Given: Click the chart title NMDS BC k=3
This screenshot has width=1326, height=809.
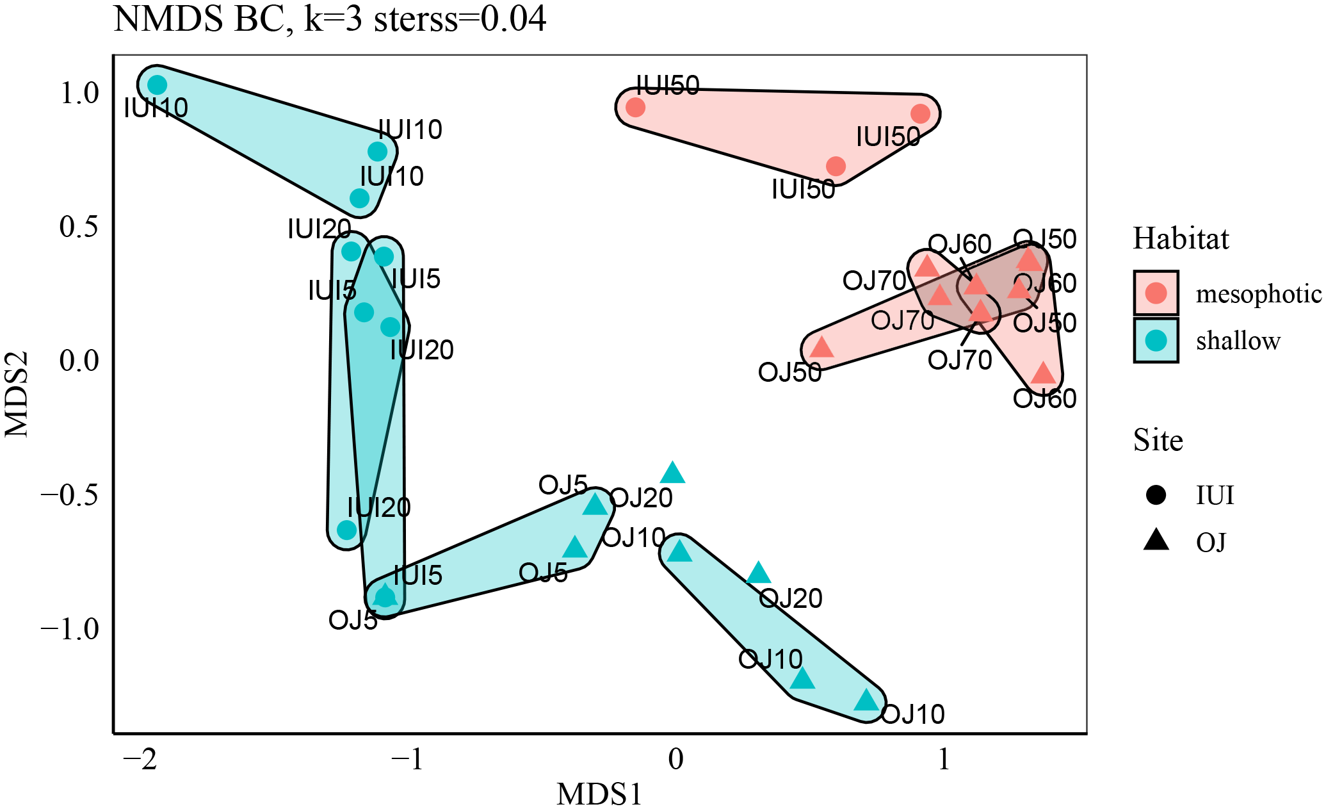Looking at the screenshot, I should click(330, 19).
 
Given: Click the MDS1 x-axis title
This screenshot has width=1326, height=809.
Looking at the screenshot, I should click(599, 794).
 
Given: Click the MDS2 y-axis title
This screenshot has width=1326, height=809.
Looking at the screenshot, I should click(17, 394).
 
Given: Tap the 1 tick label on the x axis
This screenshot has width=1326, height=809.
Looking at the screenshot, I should click(943, 760).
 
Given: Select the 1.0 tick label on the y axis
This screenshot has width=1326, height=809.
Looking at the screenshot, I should click(79, 94).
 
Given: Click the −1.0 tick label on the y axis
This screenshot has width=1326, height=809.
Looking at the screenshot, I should click(70, 629).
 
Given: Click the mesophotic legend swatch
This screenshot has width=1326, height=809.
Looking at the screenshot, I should click(1156, 293).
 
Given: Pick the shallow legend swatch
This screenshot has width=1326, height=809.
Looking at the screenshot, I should click(1156, 340).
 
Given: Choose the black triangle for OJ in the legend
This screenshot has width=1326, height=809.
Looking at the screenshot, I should click(1156, 541).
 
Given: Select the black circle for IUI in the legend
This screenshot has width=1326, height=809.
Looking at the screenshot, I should click(1156, 494).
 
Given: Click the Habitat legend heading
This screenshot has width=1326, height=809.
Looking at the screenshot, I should click(1181, 239).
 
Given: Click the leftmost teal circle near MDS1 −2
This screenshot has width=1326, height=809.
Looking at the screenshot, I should click(157, 85).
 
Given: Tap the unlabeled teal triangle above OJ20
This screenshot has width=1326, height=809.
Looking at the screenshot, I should click(672, 473).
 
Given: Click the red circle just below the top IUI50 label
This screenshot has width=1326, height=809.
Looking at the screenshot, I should click(635, 107).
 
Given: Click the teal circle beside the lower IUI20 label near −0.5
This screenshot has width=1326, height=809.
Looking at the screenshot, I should click(346, 530).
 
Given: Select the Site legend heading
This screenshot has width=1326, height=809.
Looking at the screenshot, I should click(1158, 441).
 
